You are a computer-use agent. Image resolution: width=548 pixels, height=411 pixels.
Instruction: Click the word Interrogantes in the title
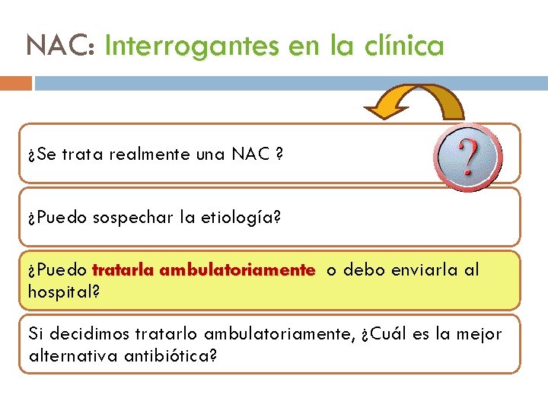point(192,46)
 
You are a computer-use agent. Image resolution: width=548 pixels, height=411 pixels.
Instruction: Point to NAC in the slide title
point(59,46)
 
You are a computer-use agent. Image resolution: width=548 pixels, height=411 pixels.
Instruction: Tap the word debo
point(362,270)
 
